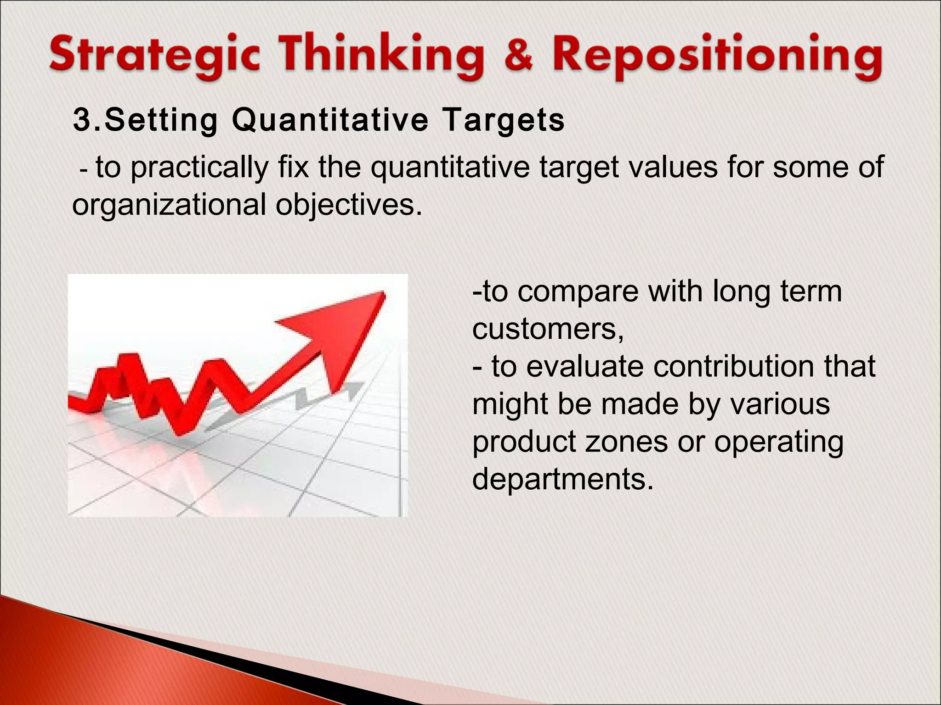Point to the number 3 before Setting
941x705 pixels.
click(x=82, y=120)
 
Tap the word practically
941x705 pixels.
click(x=199, y=168)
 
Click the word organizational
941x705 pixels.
click(x=169, y=205)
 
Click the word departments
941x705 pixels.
click(x=562, y=479)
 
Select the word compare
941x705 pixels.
click(x=578, y=291)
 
